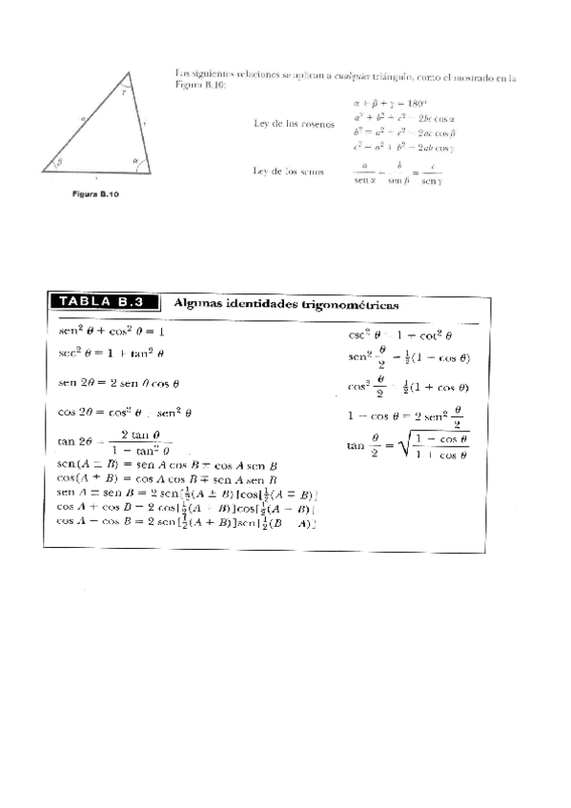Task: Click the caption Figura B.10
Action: pyautogui.click(x=96, y=193)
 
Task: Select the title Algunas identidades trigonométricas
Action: pyautogui.click(x=287, y=304)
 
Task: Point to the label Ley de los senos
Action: pyautogui.click(x=286, y=171)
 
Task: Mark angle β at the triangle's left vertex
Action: pyautogui.click(x=60, y=162)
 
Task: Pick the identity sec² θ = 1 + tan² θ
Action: pyautogui.click(x=112, y=353)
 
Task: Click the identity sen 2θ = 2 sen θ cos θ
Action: pyautogui.click(x=119, y=383)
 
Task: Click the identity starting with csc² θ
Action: pyautogui.click(x=399, y=335)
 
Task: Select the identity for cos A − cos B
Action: pyautogui.click(x=187, y=522)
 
